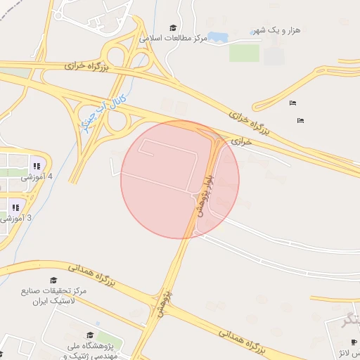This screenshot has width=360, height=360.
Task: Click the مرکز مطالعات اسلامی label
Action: (x=174, y=38)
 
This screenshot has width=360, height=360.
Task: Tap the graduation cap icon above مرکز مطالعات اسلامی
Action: (x=173, y=28)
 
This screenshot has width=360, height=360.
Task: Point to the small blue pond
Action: (x=217, y=37)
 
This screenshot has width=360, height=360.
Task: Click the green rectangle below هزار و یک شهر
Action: (x=244, y=53)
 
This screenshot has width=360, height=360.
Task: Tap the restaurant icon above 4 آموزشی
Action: (x=35, y=166)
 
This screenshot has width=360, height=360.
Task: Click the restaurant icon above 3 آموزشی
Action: (x=15, y=207)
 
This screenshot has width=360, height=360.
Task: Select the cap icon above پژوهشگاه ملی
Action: (x=90, y=335)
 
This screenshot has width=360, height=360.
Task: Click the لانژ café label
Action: (x=352, y=352)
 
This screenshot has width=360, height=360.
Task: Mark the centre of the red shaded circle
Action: (x=180, y=179)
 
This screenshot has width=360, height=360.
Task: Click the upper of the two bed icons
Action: (x=293, y=103)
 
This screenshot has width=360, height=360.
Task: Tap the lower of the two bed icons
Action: (x=301, y=120)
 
